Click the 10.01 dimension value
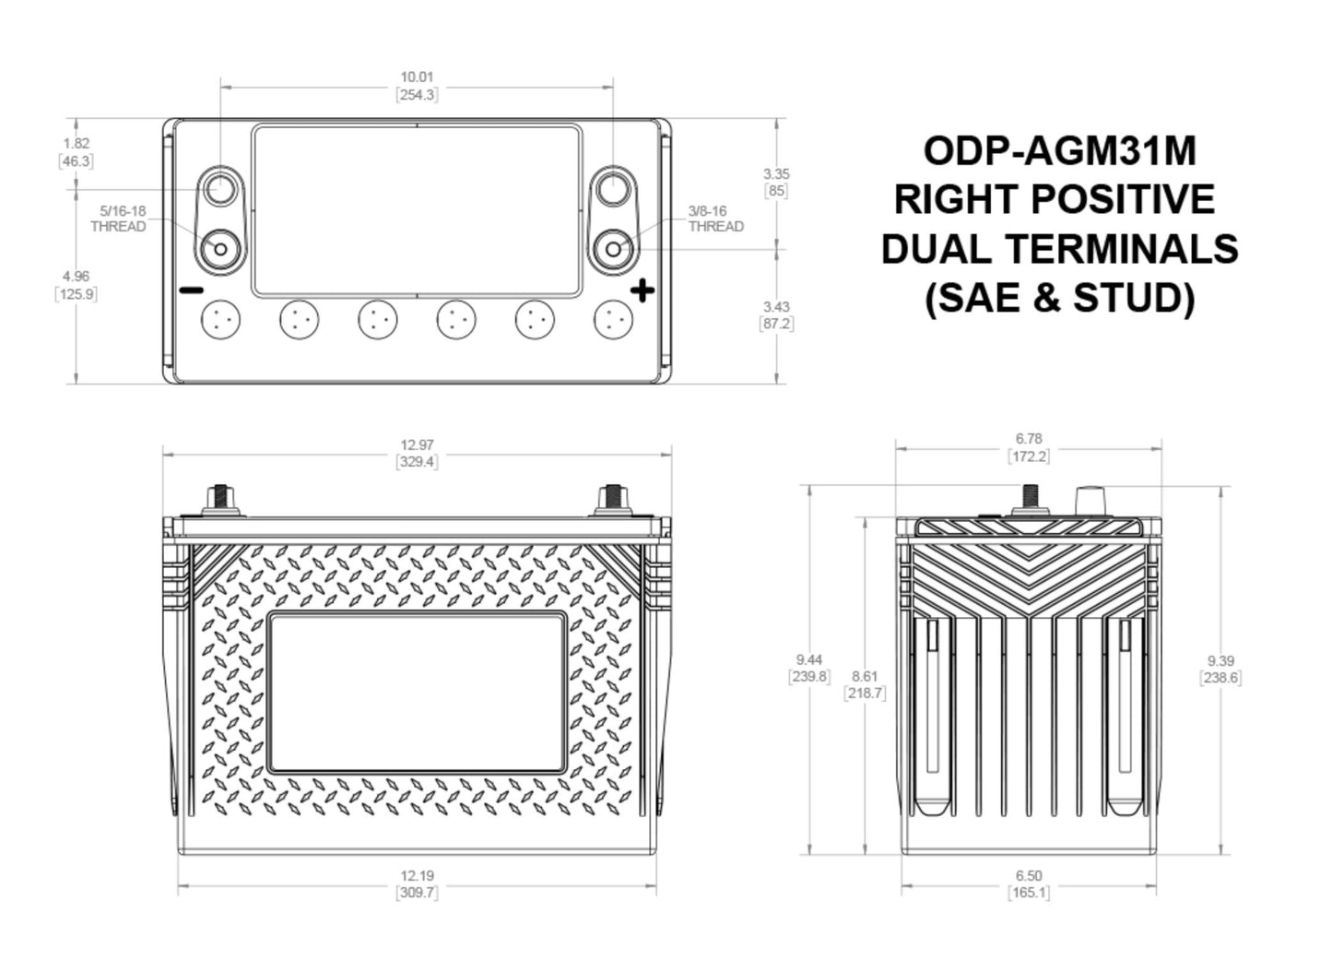point(417,77)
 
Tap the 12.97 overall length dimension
point(417,444)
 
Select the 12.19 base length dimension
point(417,875)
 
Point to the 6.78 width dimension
point(1028,438)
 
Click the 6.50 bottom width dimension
point(1028,875)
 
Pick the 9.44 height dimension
point(808,659)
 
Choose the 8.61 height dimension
point(864,676)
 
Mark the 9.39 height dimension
point(1220,661)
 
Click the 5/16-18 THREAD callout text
point(118,219)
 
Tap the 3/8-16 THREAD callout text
point(716,219)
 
